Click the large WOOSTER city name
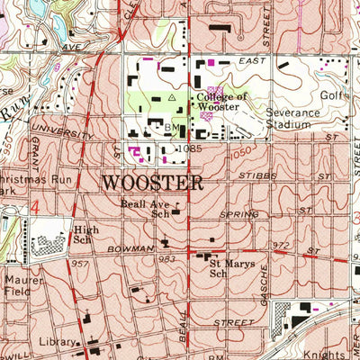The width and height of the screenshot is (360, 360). click(152, 183)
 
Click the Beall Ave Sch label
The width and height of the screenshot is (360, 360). click(147, 209)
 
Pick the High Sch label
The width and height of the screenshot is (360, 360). click(85, 236)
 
